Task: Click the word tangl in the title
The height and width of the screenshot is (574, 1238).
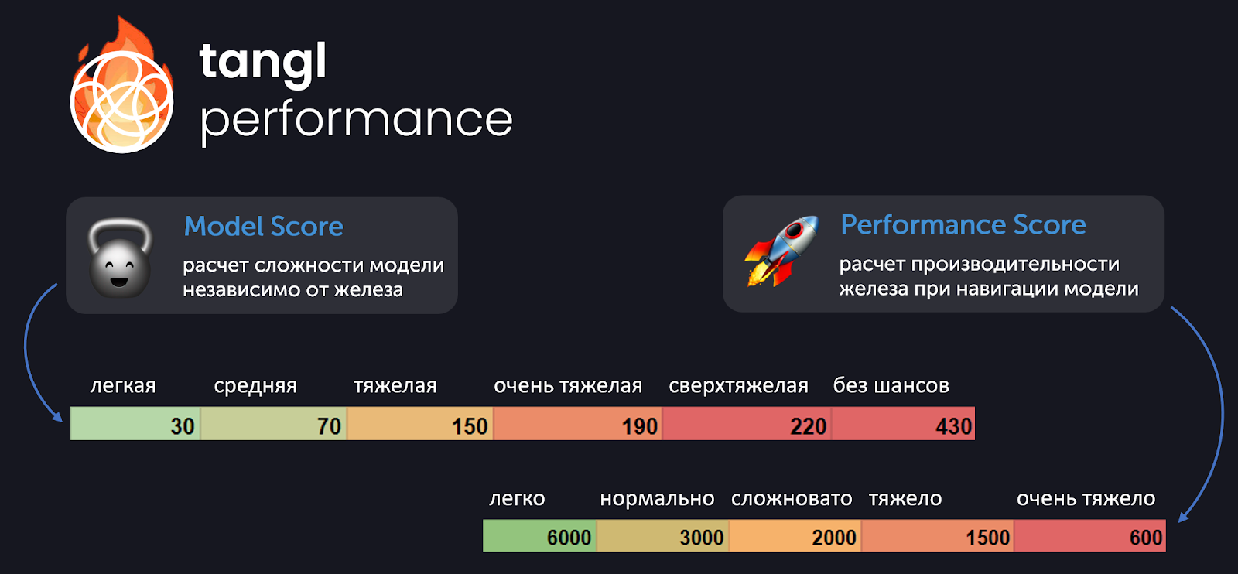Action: (262, 63)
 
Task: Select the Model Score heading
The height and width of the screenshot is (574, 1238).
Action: (263, 226)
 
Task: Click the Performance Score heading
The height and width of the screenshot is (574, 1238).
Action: (963, 224)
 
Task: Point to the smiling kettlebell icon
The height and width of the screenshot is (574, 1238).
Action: (120, 258)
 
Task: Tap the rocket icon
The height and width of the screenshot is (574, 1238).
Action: (781, 251)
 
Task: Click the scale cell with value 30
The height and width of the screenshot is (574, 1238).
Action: (135, 424)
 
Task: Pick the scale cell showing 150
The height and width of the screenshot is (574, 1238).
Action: (420, 424)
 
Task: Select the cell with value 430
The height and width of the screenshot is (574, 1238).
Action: (903, 424)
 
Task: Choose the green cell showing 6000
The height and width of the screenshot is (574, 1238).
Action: (540, 536)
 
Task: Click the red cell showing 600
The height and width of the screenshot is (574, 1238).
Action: (1090, 536)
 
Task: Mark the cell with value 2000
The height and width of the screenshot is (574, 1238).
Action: (795, 536)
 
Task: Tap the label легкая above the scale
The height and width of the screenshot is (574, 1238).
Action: (123, 385)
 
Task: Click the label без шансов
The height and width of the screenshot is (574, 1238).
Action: (891, 385)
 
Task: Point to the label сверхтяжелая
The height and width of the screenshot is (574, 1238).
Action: (738, 385)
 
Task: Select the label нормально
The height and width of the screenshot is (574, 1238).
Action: (657, 499)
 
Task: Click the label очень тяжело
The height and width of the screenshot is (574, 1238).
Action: (1086, 499)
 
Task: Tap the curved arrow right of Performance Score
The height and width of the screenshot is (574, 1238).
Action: (1219, 415)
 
